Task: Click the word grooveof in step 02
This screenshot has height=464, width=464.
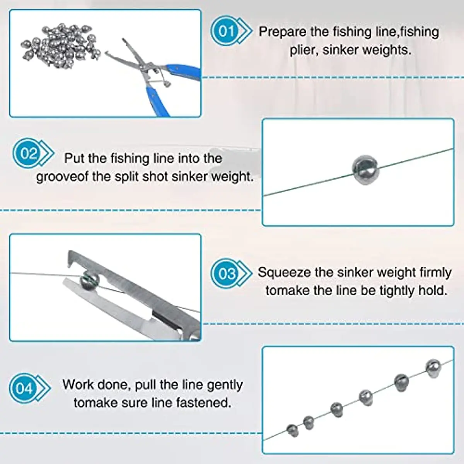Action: point(62,177)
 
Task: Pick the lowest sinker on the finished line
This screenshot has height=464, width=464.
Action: point(293,430)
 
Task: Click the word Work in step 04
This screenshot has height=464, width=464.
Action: point(78,385)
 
